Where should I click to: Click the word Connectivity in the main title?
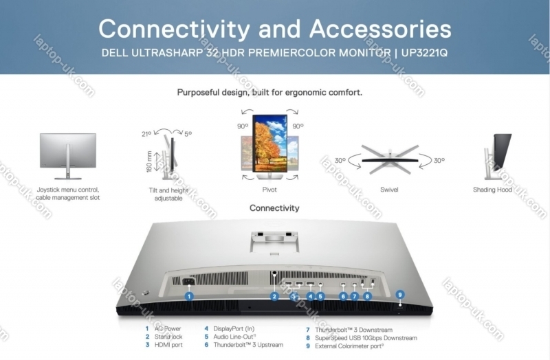point(185,29)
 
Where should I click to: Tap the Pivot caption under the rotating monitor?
point(269,190)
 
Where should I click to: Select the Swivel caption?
point(389,190)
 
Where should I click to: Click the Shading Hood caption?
point(492,190)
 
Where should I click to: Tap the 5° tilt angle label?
point(188,135)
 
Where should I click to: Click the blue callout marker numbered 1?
point(189,296)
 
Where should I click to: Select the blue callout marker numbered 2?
point(274,297)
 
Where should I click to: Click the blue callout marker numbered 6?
point(343,296)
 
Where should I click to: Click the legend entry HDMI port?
point(169,346)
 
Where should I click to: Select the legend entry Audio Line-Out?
point(234,337)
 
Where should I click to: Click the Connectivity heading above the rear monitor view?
point(274,208)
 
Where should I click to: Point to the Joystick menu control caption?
point(68,190)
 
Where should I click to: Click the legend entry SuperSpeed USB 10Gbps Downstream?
point(366,338)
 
